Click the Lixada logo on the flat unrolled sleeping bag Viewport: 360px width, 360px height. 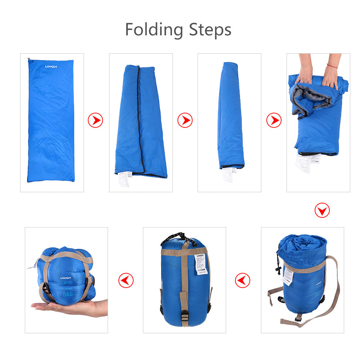tap(51, 66)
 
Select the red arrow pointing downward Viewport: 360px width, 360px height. tap(322, 210)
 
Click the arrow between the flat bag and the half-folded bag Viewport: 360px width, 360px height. tap(95, 120)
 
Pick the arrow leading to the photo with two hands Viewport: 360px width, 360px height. tap(274, 120)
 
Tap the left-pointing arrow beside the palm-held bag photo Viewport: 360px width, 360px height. tap(126, 280)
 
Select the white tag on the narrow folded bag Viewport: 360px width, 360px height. tap(228, 174)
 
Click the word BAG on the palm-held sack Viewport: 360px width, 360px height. tap(68, 294)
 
